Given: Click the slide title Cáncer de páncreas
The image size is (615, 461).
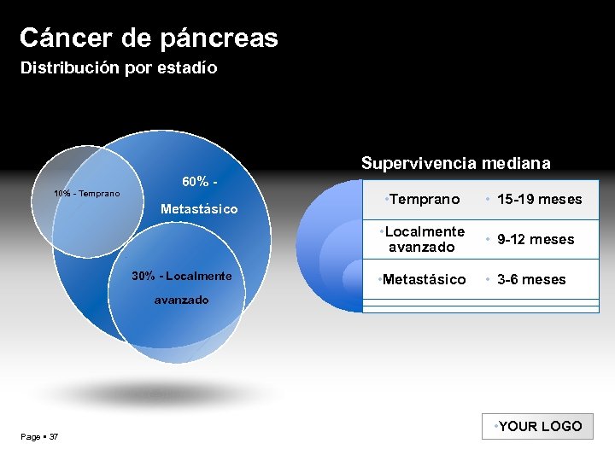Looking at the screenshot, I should click(149, 38).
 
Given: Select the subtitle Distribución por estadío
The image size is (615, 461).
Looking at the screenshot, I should click(119, 67).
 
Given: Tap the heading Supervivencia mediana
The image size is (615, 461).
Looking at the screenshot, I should click(455, 162).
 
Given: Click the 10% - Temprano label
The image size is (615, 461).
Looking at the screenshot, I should click(86, 194).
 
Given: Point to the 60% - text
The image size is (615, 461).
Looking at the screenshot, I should click(198, 182).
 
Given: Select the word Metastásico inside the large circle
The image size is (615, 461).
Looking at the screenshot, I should click(199, 209).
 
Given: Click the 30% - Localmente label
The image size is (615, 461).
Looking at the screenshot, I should click(181, 276).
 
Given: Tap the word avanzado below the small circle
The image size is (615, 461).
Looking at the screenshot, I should click(181, 300).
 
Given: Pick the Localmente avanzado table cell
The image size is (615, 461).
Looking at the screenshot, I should click(425, 239).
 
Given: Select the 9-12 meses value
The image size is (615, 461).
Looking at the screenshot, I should click(536, 239).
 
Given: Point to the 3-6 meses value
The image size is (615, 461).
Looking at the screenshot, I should click(531, 279).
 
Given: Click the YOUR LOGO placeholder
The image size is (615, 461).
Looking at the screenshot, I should click(539, 426).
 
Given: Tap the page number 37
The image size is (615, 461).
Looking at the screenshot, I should click(54, 437).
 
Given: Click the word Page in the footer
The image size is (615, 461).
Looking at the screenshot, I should click(31, 437).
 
